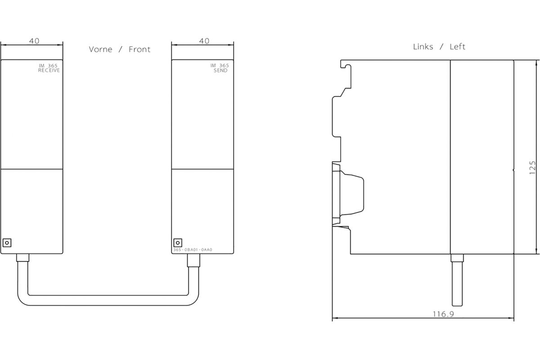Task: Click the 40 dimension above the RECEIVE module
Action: coord(34,41)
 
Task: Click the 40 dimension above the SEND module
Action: coord(204,41)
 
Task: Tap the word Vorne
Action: coord(100,49)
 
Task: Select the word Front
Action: coord(139,49)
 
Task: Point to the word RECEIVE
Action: coord(49,70)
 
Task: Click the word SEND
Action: coord(220,70)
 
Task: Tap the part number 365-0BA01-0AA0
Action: coord(193,250)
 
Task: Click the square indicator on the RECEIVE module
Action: coord(7,243)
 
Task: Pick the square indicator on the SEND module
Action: coord(178,243)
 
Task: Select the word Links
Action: coord(423,47)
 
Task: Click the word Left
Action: coord(457,47)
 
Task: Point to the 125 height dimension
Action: coord(532,167)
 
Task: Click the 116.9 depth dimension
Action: coord(443,314)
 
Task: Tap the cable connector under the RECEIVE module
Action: coord(22,257)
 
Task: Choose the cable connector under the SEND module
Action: coord(193,260)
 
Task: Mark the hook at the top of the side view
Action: coord(346,66)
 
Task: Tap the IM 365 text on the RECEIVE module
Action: coord(48,66)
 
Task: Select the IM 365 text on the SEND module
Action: coord(220,66)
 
